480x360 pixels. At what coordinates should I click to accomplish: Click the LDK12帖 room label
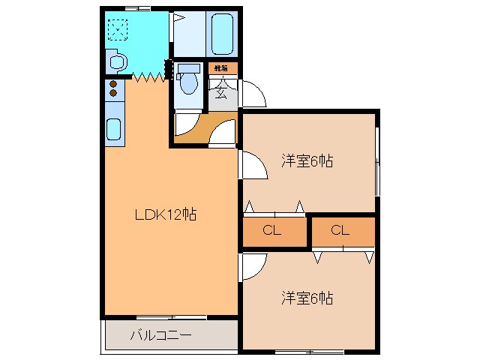click(x=166, y=214)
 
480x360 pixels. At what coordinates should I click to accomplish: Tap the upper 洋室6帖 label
click(x=307, y=160)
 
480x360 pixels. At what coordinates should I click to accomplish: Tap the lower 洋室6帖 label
click(x=307, y=298)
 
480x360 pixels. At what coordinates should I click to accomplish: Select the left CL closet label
click(x=272, y=231)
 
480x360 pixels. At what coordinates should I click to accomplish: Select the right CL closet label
click(x=340, y=231)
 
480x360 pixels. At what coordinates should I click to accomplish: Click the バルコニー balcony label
click(x=161, y=334)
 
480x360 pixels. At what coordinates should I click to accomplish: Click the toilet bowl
click(x=189, y=81)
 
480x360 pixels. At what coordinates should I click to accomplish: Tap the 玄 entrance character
click(x=222, y=93)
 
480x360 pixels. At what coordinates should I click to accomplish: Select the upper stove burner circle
click(x=114, y=84)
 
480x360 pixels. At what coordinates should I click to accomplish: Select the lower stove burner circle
click(x=114, y=94)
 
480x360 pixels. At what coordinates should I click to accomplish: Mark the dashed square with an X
click(x=118, y=29)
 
